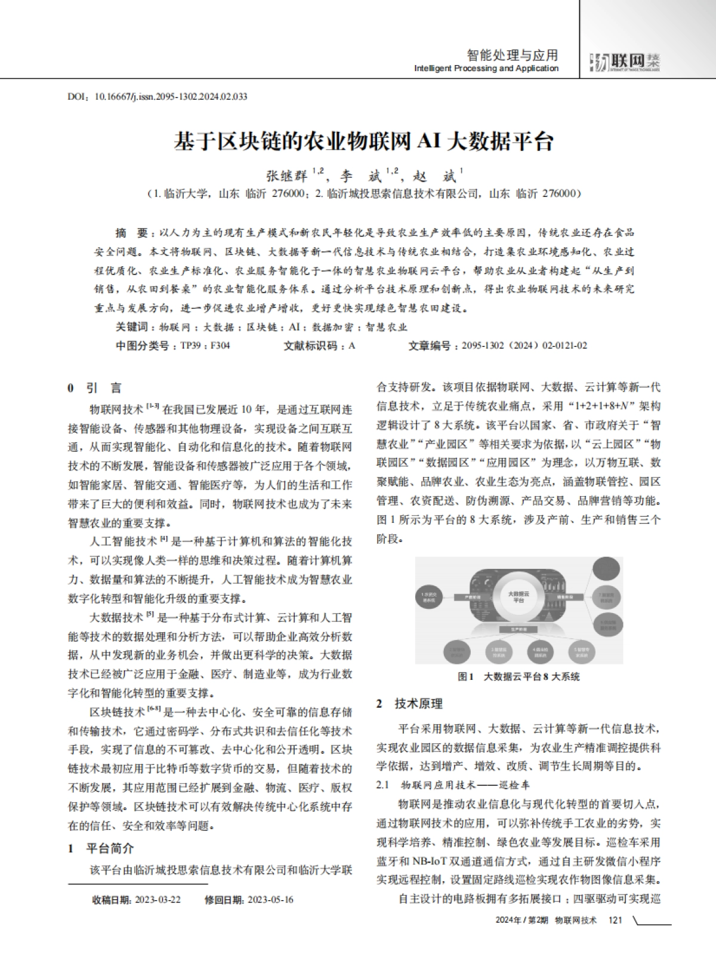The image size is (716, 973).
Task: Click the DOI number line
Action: tap(158, 96)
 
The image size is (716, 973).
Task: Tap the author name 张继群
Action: tap(286, 175)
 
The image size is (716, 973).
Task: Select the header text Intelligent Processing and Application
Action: tap(486, 69)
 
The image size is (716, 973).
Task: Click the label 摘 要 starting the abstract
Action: tap(131, 232)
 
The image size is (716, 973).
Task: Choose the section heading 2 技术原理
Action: tap(409, 704)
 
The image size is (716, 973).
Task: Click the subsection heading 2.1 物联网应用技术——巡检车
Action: tap(453, 784)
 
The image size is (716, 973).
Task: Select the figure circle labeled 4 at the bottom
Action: tap(541, 651)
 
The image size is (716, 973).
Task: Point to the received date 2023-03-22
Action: tap(158, 900)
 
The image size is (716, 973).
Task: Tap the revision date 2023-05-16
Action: tap(270, 900)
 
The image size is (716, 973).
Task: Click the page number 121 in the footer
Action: tap(615, 920)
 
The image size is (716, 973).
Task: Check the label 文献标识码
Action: tap(310, 346)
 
